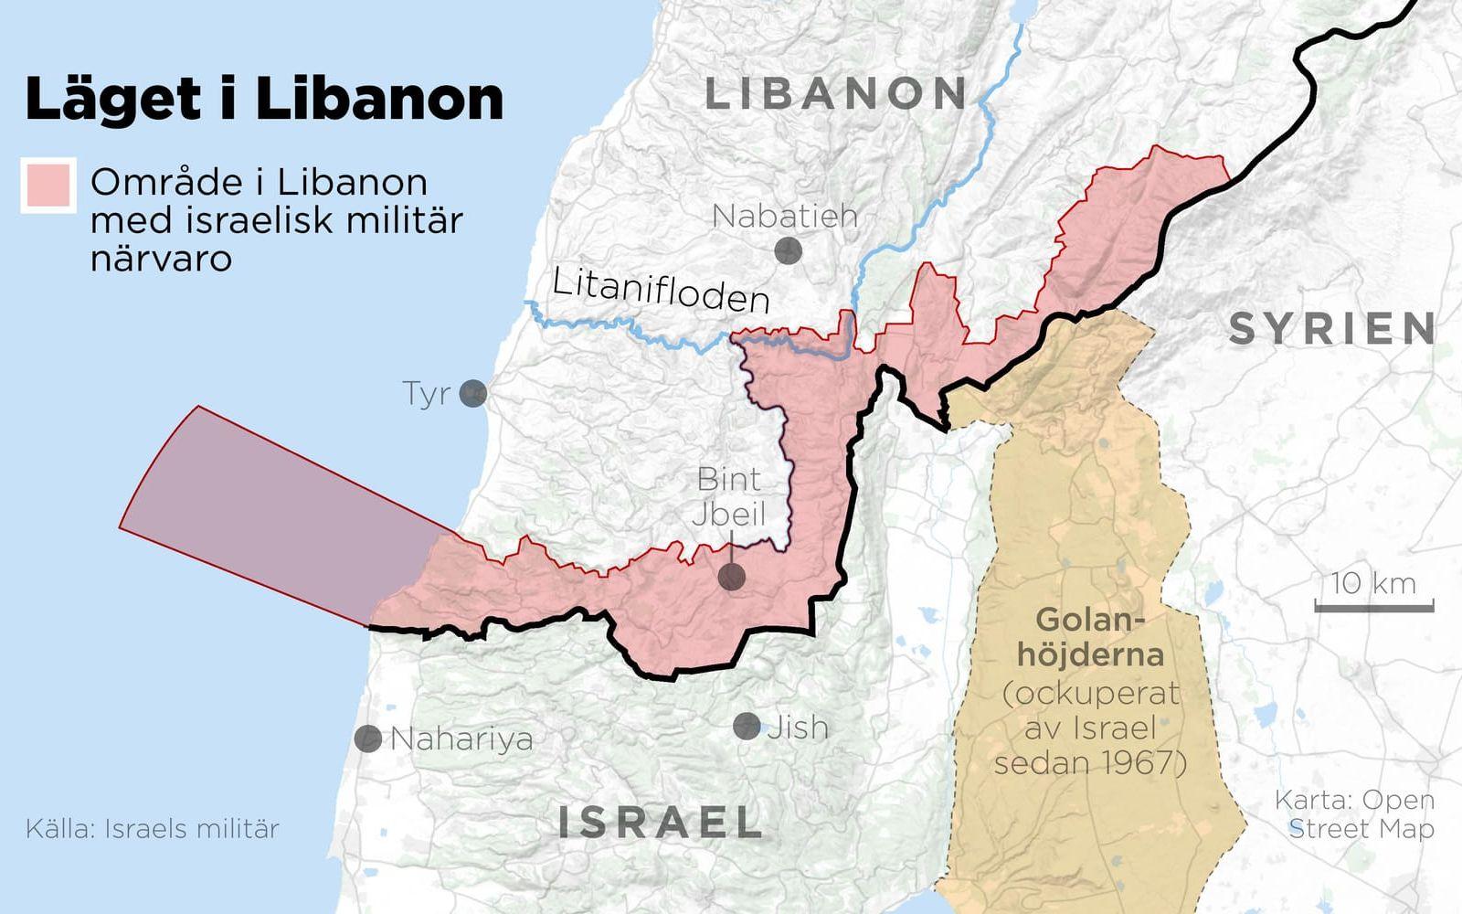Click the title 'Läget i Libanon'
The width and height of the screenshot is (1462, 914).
coord(264,99)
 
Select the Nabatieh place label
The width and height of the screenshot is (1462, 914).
coord(785,216)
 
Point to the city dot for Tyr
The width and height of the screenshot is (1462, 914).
coord(472,394)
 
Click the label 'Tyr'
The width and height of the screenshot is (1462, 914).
coord(427,394)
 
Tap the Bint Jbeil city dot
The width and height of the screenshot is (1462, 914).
coord(731,577)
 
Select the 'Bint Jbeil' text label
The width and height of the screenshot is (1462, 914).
coord(728,496)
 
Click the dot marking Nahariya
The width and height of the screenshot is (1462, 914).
coord(368,739)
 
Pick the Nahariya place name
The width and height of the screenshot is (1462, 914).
coord(461,739)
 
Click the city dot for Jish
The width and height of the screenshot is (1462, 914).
coord(747,727)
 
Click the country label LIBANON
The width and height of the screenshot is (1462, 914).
coord(836,94)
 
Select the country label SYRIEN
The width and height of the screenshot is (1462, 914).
coord(1333,328)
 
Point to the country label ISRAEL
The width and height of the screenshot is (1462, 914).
coord(660,822)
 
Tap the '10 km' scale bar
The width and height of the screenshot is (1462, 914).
coord(1373,603)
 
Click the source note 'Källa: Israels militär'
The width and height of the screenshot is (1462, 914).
coord(153,829)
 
